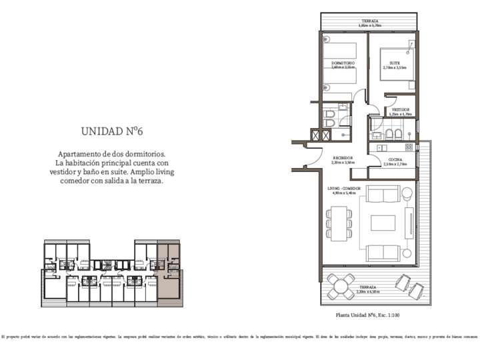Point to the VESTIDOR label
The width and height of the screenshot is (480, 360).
tap(401, 109)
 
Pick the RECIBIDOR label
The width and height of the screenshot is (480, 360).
tap(343, 159)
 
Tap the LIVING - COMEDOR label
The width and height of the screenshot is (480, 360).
tap(344, 189)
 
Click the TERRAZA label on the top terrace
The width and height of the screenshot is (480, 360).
tap(371, 21)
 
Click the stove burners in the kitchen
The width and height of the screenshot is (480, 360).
tap(408, 147)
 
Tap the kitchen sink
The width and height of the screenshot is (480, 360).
tap(383, 147)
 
